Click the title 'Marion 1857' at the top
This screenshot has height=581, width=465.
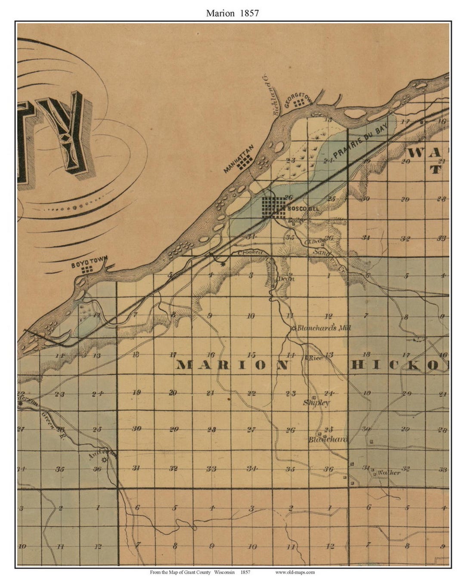tap(232, 13)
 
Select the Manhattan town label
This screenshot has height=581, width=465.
tap(239, 158)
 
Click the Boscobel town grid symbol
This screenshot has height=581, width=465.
tap(273, 207)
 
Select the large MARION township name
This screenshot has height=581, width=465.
tap(232, 365)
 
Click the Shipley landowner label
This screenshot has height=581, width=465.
tap(316, 403)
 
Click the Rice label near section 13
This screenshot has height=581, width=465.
tap(315, 358)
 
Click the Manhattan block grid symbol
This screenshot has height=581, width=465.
tap(246, 161)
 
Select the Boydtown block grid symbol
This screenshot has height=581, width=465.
tap(88, 269)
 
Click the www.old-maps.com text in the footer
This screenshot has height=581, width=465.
tap(295, 572)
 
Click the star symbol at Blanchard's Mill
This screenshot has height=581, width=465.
tap(294, 328)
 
